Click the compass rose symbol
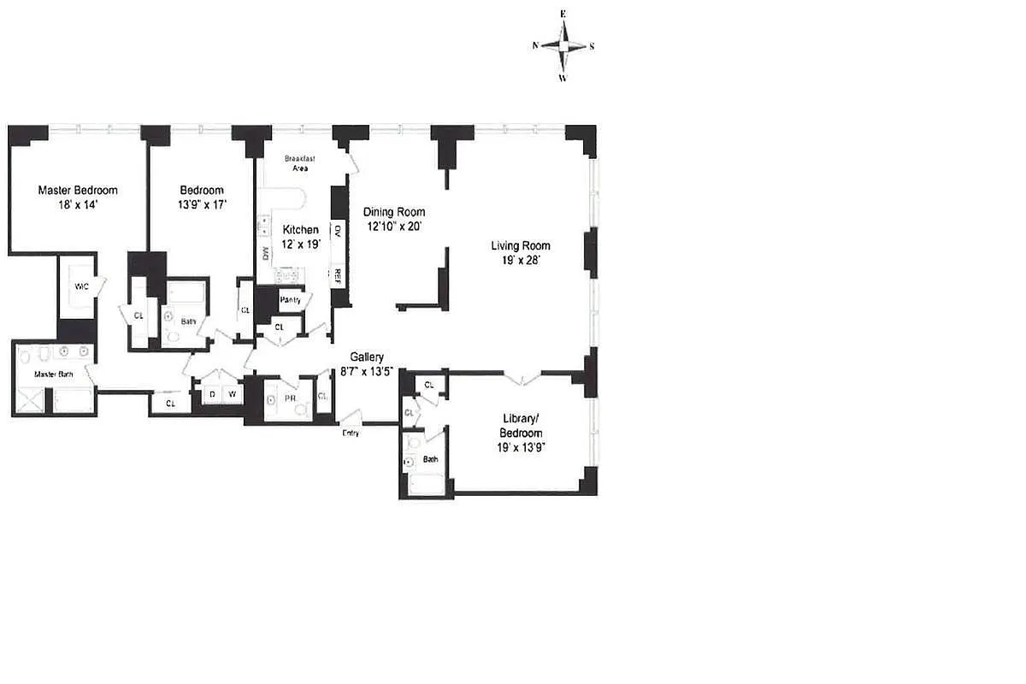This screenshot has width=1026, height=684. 563,45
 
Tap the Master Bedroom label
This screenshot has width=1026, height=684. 78,190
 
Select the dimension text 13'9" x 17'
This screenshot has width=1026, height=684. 202,204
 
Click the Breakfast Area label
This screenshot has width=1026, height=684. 300,163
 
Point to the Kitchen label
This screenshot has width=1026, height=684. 301,230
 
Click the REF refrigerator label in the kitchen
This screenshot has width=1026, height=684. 338,275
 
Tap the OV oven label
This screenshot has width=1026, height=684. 338,230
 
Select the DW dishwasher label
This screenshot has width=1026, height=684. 265,253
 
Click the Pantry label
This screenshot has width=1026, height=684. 291,299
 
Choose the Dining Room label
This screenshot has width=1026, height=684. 393,212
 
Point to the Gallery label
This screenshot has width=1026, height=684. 367,357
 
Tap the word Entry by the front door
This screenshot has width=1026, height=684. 351,433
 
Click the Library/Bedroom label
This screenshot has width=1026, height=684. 522,426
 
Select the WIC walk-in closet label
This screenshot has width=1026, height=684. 82,286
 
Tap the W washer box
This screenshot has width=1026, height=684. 231,393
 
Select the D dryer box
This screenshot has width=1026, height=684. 212,393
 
